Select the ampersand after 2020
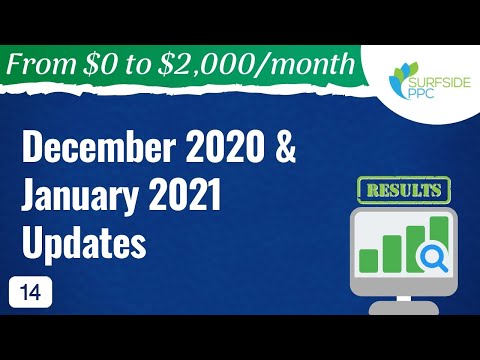point(272,151)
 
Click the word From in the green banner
point(45,65)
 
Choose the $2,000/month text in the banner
point(261,65)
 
